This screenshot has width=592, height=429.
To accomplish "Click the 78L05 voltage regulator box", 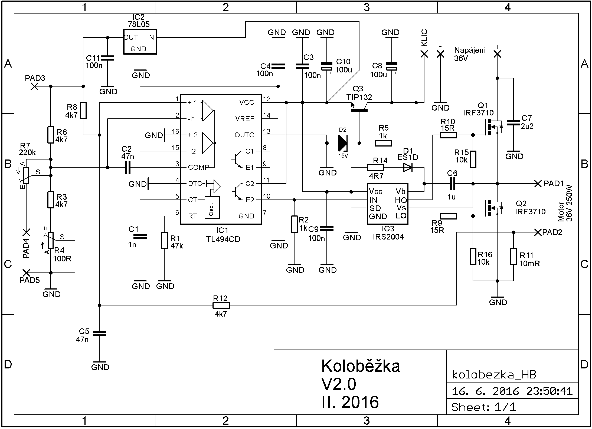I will click(x=140, y=42).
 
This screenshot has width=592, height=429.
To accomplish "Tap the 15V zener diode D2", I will click(x=343, y=143).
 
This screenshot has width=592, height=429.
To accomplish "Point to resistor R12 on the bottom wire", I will click(x=221, y=305).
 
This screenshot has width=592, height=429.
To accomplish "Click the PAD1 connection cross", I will click(x=538, y=184).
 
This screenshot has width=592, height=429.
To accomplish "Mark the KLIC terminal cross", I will click(x=424, y=54).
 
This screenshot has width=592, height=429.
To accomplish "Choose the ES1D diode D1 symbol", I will click(x=408, y=167).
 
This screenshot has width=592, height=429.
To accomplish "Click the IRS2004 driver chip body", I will click(x=387, y=204).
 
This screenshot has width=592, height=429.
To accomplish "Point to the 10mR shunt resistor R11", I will click(x=513, y=257).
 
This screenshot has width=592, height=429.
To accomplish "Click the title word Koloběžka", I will click(x=360, y=366).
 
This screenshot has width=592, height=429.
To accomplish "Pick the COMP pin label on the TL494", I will click(x=198, y=167).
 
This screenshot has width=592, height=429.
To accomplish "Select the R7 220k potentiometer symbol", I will click(x=26, y=175).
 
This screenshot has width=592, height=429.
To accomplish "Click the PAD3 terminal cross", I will click(x=34, y=87).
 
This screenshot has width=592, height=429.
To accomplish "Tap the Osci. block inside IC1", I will click(x=212, y=207).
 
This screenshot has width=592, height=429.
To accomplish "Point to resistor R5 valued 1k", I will click(x=383, y=143).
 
